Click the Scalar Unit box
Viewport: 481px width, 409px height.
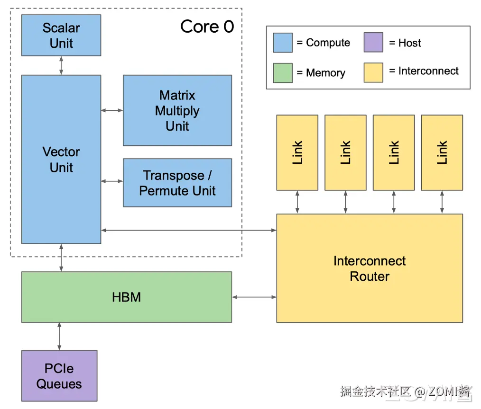61,36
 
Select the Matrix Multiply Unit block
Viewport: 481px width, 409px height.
177,110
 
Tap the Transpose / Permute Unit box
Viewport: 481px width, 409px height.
177,183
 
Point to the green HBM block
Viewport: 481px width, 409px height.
127,297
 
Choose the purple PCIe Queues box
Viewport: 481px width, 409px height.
59,376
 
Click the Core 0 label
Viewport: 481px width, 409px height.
207,27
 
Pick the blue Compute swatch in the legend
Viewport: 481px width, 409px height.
283,43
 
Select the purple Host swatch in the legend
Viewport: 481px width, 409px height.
373,43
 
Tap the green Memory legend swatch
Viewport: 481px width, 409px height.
283,73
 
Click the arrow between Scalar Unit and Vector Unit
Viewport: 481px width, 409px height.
61,65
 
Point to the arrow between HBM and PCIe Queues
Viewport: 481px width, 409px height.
59,337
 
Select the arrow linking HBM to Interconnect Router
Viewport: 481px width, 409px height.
254,297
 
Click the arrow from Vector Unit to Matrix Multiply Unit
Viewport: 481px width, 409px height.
112,110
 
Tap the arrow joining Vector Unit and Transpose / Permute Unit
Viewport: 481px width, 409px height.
112,181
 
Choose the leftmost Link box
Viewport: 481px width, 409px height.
297,152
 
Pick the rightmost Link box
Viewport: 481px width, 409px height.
442,152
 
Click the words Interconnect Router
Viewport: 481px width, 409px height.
370,268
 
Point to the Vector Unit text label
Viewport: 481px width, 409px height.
61,160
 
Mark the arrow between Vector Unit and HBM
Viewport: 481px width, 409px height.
61,258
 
